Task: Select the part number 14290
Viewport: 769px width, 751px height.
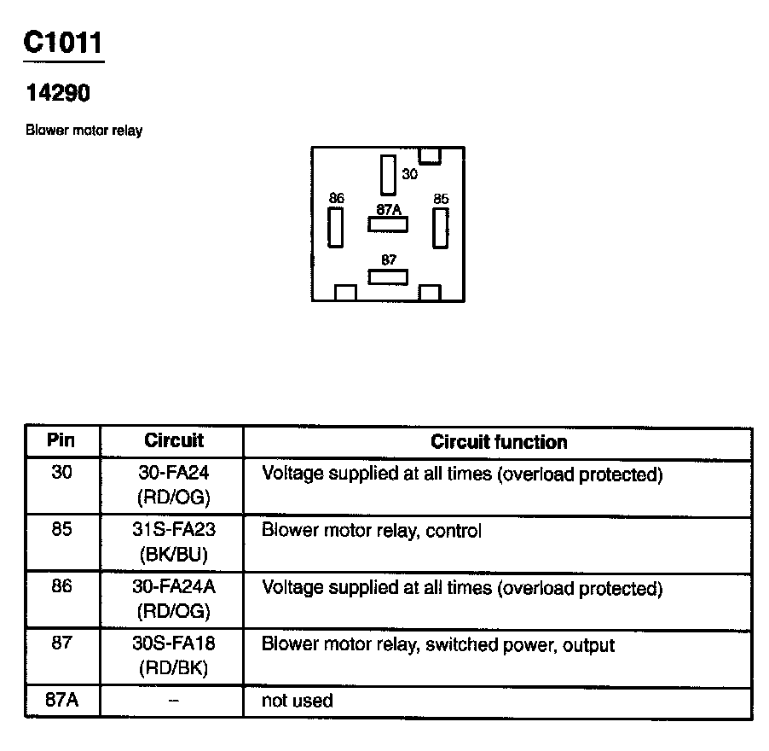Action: [x=58, y=94]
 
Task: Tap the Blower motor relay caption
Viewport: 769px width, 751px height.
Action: [x=84, y=131]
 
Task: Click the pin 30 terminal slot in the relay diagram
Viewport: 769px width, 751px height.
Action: [x=388, y=175]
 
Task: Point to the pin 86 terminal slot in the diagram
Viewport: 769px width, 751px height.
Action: [x=336, y=227]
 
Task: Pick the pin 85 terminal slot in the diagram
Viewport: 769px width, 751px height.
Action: [x=440, y=227]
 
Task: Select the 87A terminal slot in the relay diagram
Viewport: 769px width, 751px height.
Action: [x=388, y=224]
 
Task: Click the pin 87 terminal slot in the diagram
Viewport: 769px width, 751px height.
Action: [x=388, y=277]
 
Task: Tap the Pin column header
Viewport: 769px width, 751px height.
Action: [x=61, y=441]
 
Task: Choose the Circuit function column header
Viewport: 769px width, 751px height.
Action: [x=499, y=441]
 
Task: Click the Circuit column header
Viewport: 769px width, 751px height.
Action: [x=174, y=441]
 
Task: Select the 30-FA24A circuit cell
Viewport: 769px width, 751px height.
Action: [x=174, y=588]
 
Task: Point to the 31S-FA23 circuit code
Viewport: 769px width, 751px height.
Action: [x=174, y=531]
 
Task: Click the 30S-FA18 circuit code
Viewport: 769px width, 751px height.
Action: [x=174, y=645]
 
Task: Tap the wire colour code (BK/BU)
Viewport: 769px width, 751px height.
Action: [x=174, y=554]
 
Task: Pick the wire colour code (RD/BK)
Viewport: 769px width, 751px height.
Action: [x=174, y=668]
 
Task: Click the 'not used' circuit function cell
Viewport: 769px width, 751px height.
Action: [x=297, y=702]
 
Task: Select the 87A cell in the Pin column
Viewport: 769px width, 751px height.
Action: [x=61, y=702]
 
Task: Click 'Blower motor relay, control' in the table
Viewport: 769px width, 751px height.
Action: [x=371, y=531]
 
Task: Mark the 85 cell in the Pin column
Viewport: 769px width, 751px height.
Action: [x=61, y=529]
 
